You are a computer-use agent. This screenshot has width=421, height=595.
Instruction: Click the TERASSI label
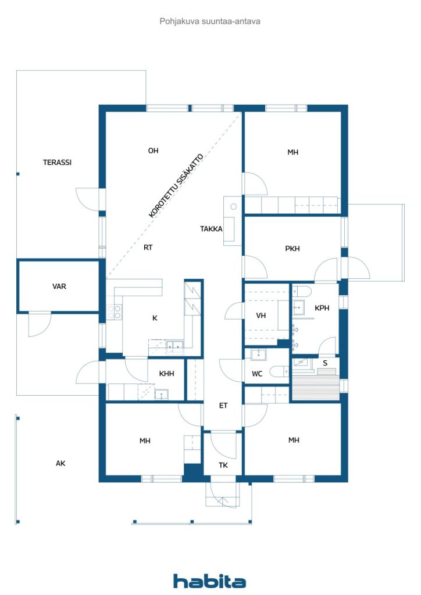pos(57,163)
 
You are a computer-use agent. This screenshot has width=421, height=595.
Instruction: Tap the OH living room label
pos(153,150)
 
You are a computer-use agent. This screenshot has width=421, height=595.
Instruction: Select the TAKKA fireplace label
pos(211,229)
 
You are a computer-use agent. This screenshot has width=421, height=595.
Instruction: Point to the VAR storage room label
pos(59,286)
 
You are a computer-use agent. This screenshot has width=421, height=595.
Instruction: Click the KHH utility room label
pos(167,374)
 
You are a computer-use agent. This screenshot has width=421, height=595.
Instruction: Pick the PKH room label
pos(292,249)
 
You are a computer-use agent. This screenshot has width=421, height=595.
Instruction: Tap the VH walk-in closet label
pos(261,316)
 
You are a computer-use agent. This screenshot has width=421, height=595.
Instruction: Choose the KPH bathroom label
pos(322,308)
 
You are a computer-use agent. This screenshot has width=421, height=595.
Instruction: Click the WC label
pos(257,374)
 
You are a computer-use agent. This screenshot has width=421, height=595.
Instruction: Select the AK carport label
pos(60,463)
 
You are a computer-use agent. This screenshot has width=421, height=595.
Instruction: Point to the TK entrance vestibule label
pos(223,465)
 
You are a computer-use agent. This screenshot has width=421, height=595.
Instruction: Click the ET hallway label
pos(223,405)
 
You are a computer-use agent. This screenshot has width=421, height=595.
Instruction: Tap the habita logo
pos(209,581)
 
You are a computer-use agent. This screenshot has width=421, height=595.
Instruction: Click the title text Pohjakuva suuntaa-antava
pos(210,21)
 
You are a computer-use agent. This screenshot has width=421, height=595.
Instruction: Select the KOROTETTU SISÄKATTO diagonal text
pos(176,185)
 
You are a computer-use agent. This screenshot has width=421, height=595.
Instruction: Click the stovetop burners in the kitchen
pos(114,312)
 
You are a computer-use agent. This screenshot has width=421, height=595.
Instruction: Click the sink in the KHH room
pos(161,395)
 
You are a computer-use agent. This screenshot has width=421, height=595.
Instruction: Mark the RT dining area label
pos(148,248)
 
